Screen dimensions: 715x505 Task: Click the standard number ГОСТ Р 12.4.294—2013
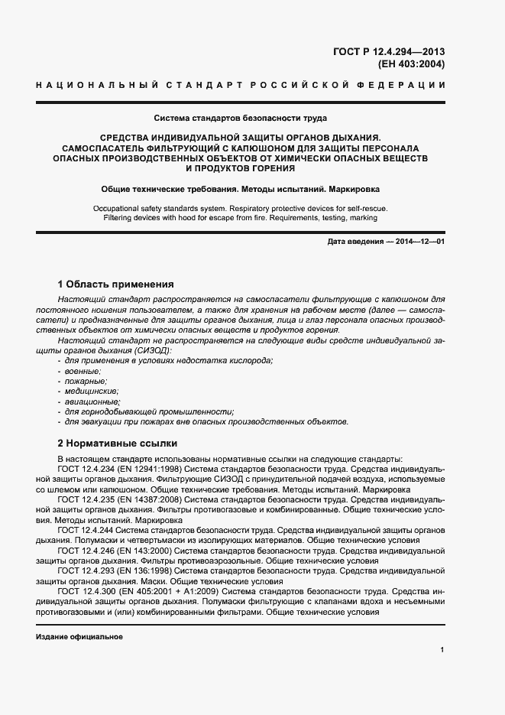tap(388, 52)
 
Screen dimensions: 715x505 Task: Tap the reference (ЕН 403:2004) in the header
tap(406, 64)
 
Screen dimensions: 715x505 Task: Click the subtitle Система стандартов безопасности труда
tap(240, 119)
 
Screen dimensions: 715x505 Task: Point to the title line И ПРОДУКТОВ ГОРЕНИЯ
tap(240, 167)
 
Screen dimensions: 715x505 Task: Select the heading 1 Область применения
tap(116, 283)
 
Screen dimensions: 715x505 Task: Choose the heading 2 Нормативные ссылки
tap(118, 443)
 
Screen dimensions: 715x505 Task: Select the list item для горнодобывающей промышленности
tap(149, 411)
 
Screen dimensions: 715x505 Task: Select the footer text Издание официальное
tap(79, 637)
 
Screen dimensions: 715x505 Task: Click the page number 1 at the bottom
tap(442, 649)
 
